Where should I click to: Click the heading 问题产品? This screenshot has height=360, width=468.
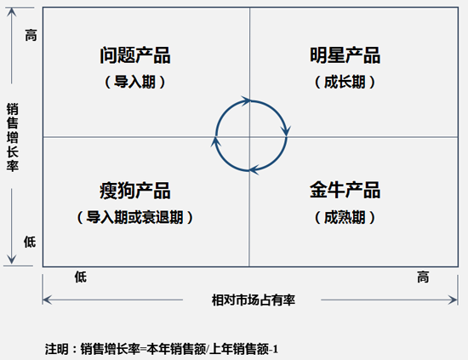[135, 55]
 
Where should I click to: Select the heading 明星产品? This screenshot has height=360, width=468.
[345, 55]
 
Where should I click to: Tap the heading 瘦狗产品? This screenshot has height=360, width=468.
[135, 191]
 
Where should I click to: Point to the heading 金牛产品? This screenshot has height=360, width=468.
[345, 190]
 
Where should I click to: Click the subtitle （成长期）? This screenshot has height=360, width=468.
[345, 82]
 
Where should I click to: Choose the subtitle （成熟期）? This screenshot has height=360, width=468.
[345, 217]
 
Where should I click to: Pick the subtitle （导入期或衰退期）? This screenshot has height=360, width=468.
[135, 217]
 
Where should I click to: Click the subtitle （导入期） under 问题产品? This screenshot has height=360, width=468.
[135, 82]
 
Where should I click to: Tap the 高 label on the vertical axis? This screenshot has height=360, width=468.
[31, 35]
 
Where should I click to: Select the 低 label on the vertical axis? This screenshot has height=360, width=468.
[30, 242]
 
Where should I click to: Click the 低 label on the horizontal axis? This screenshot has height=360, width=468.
[81, 277]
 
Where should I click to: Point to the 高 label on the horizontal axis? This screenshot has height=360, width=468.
[423, 277]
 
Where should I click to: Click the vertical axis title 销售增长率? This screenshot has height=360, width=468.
[13, 137]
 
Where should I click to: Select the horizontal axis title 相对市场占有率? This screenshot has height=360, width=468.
[254, 300]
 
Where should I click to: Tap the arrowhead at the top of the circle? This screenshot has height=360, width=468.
[247, 101]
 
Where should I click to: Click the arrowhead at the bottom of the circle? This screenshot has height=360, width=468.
[254, 170]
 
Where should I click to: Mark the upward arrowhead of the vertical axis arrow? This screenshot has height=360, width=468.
[12, 12]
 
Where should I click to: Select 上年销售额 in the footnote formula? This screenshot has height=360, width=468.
[239, 349]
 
